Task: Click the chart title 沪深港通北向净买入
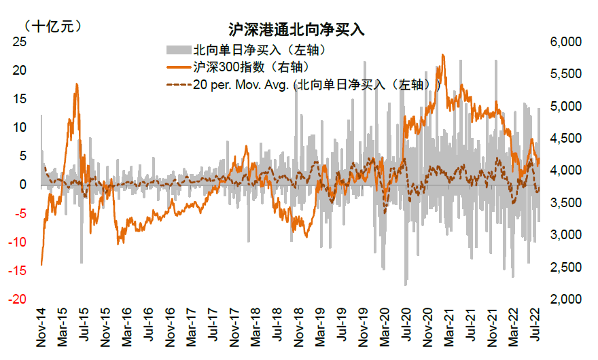(298, 30)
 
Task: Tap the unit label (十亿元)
(52, 26)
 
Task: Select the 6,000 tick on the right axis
(566, 42)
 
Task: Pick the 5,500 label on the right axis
(566, 74)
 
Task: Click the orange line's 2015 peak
(77, 84)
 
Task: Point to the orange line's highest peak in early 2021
(443, 55)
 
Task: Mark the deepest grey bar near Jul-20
(406, 284)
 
